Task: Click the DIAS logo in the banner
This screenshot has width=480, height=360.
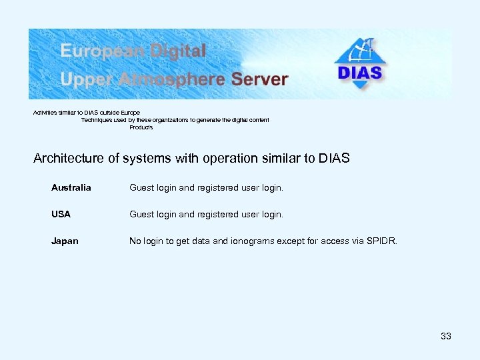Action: [360, 64]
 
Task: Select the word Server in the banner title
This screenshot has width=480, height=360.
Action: [259, 79]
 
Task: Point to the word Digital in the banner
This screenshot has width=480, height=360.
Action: [179, 51]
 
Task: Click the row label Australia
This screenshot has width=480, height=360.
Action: [71, 188]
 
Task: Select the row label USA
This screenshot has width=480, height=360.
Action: [61, 215]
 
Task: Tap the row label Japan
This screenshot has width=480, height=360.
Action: [65, 241]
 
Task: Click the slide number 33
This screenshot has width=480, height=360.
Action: [446, 336]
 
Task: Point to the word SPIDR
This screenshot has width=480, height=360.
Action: [382, 241]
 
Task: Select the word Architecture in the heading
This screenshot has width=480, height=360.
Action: [68, 159]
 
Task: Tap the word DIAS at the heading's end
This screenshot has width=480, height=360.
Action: [334, 159]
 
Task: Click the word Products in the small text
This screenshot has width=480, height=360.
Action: [141, 127]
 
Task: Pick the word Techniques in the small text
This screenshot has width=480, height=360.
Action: [97, 120]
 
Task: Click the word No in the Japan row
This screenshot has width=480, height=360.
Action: [135, 241]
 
